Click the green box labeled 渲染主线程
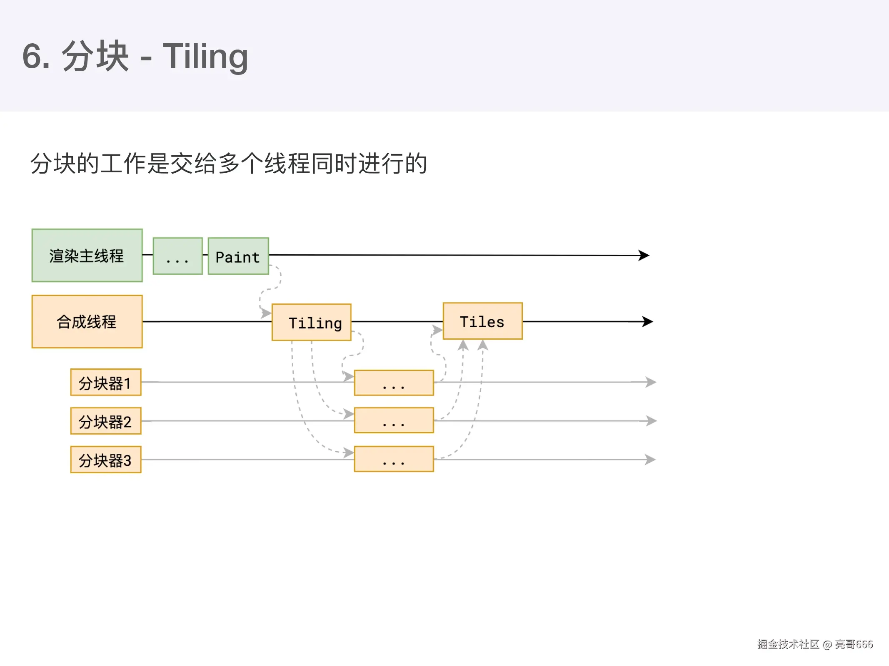[87, 256]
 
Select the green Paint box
[238, 256]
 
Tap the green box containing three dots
[177, 256]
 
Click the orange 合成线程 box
[87, 322]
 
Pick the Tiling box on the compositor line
[312, 322]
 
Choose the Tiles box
[482, 321]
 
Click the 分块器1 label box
[106, 382]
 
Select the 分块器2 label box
[106, 421]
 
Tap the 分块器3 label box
[106, 460]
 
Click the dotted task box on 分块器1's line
[394, 383]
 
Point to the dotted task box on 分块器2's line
[394, 420]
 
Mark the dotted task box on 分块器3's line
[394, 459]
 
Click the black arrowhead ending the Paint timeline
[644, 255]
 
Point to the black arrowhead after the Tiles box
[647, 321]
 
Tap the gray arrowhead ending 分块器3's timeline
[650, 460]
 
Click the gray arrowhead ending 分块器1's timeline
[650, 382]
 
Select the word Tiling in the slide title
[205, 56]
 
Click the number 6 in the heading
[32, 56]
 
